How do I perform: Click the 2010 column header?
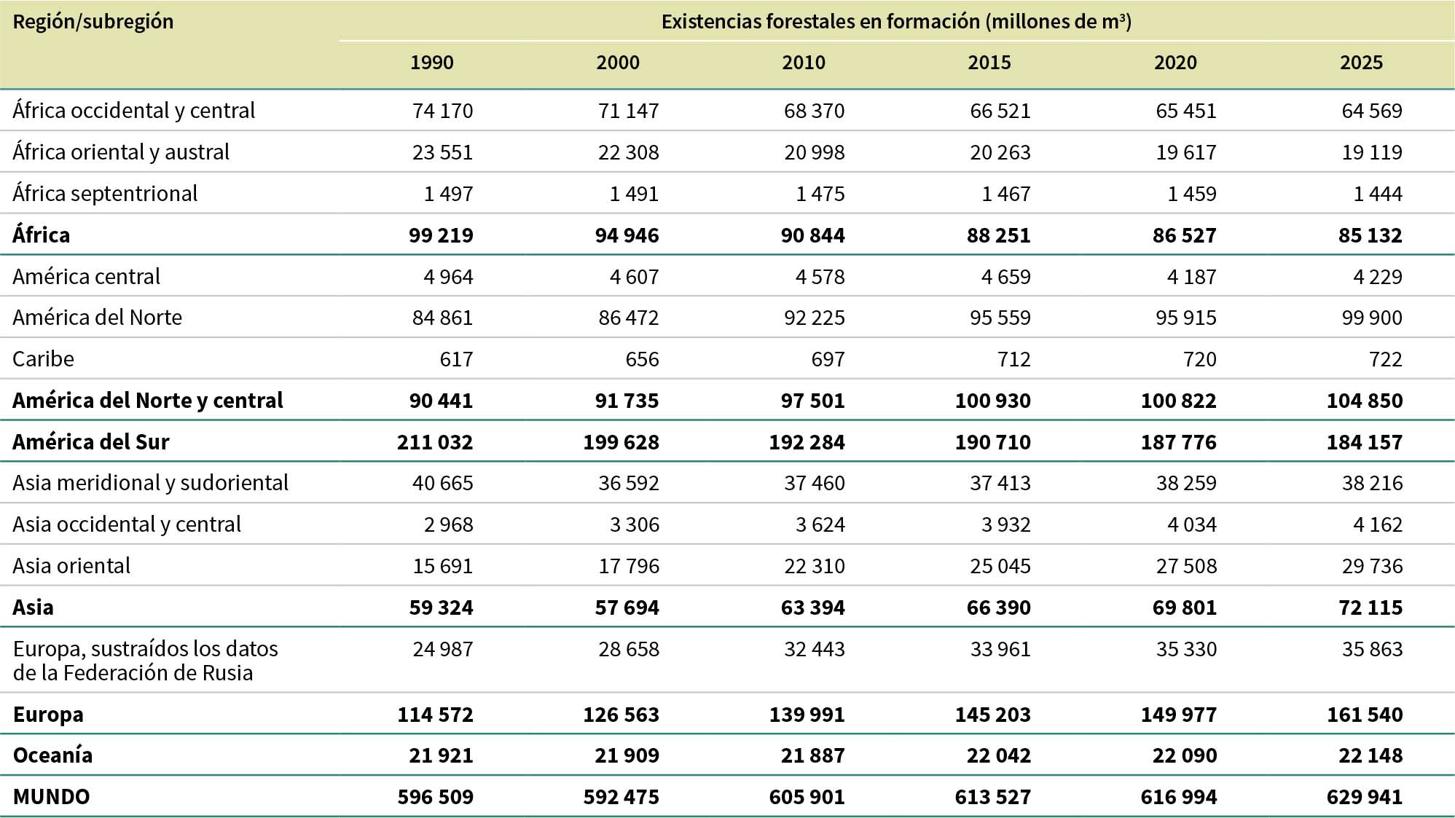[804, 63]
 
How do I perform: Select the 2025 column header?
[1361, 63]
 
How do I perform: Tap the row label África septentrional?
[105, 194]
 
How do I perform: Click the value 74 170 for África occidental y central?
[442, 111]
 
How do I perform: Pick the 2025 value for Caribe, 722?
[1385, 359]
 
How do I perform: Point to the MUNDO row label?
[51, 797]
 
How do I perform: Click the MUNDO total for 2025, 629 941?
[1365, 797]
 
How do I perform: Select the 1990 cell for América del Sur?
[435, 442]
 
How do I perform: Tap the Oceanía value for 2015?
[999, 755]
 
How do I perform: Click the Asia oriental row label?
[71, 566]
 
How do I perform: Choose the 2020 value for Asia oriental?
[1186, 566]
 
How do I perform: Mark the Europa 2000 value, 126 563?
[621, 715]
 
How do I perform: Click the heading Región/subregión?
[93, 22]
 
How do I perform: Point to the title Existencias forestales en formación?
[896, 22]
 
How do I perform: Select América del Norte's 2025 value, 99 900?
[1372, 318]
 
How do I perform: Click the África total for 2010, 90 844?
[812, 235]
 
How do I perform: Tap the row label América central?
[86, 277]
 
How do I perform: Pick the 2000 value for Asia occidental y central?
[635, 524]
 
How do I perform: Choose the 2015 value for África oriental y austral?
[1000, 152]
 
